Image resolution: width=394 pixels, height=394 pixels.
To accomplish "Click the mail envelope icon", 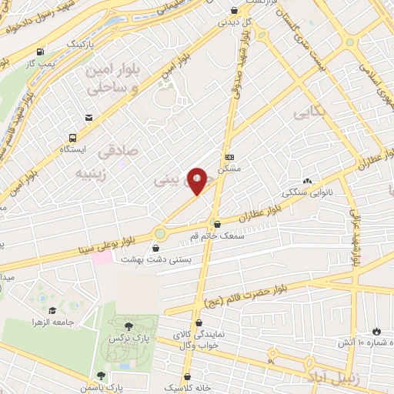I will click(91, 117).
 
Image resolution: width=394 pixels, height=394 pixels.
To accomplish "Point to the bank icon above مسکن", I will click(229, 157).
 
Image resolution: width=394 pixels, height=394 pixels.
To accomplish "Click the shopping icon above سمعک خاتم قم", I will click(218, 224).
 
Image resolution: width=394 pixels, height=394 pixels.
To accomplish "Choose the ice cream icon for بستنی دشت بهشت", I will click(157, 249).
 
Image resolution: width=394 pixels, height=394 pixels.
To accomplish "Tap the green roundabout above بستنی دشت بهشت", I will click(159, 232).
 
